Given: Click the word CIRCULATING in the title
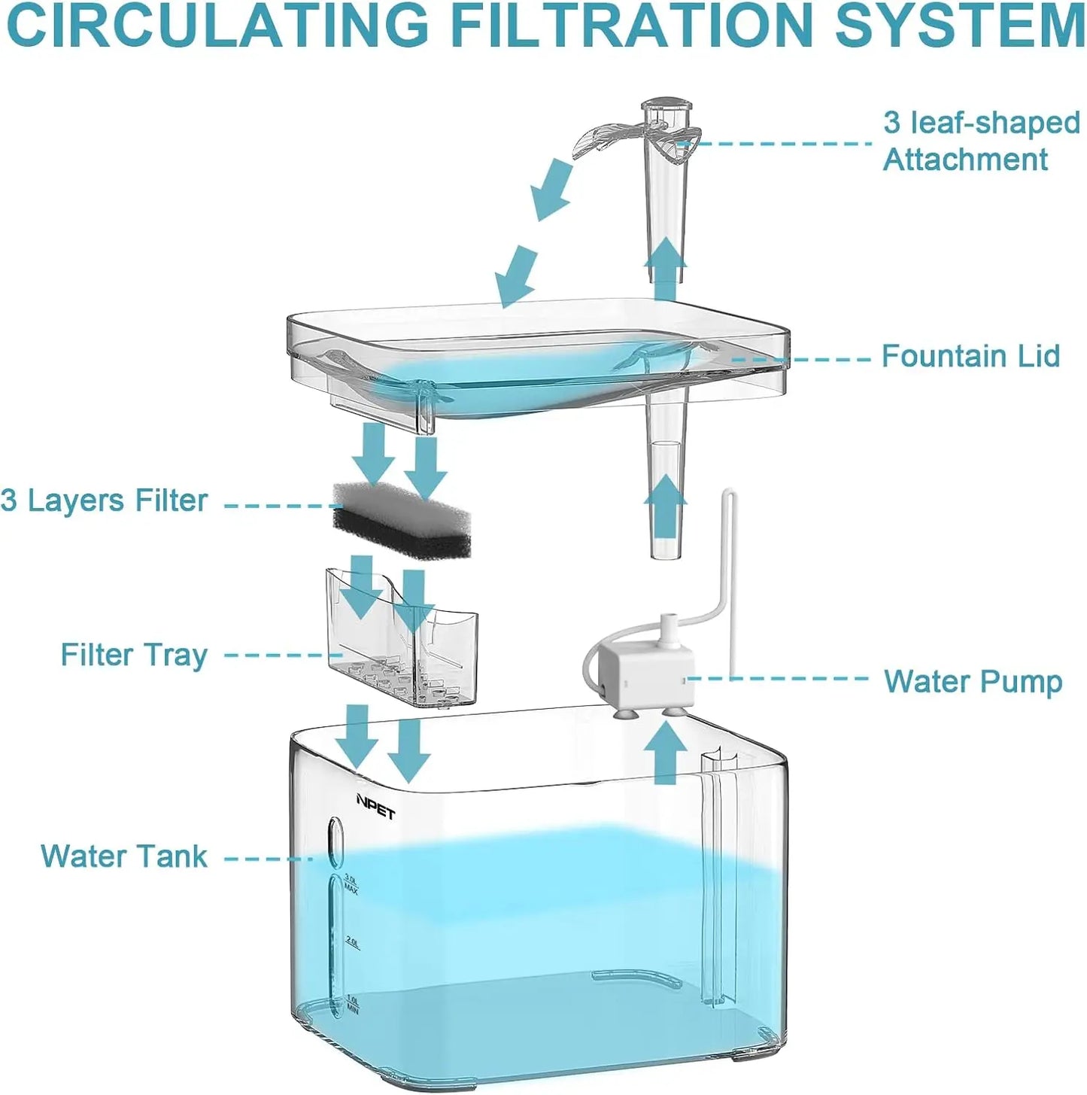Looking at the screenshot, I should point(218,27).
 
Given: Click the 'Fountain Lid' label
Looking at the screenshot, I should point(970,356).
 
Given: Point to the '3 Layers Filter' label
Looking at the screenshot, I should point(104,500).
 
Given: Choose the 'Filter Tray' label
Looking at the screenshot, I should point(134,655).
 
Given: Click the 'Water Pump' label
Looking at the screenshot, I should point(972,682).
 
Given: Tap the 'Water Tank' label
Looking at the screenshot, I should point(124,856).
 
